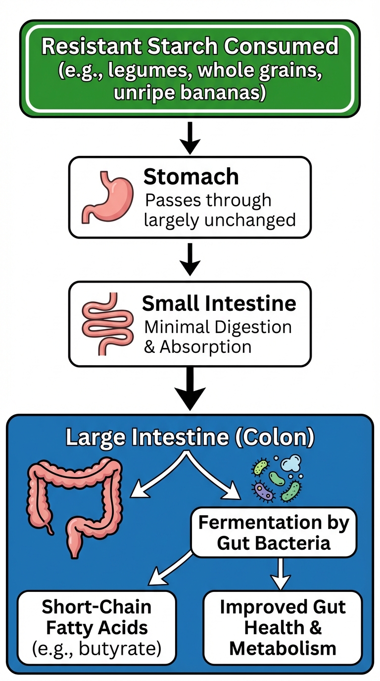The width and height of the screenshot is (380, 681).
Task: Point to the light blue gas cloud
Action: tap(292, 464)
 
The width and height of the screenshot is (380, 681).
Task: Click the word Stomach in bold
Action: tap(191, 177)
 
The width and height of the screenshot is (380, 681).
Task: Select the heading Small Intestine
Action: tap(219, 303)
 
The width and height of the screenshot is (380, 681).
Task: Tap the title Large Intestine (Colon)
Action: tap(190, 437)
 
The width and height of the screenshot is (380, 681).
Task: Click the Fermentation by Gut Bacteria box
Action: tap(274, 533)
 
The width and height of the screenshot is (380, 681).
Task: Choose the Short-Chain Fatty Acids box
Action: tap(97, 627)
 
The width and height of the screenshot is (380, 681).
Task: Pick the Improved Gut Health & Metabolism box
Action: tap(283, 627)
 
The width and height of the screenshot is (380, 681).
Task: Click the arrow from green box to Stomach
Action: tap(190, 138)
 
